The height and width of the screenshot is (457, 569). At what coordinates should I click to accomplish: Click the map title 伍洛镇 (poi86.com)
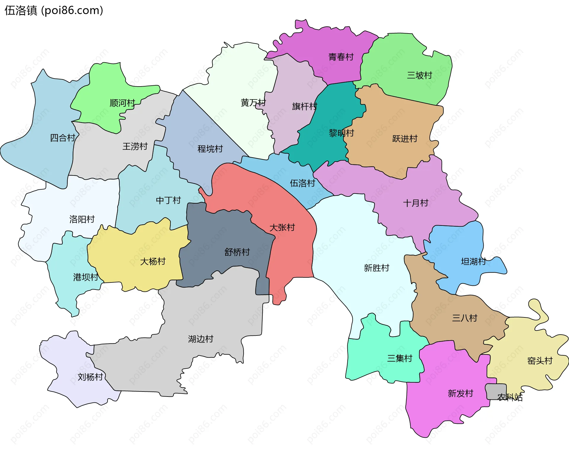pos(54,10)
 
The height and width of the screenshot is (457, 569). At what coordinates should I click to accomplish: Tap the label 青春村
pos(341,57)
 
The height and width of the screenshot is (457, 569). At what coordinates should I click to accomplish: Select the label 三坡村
pos(419,75)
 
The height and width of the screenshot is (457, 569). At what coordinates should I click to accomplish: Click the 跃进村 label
pos(405,138)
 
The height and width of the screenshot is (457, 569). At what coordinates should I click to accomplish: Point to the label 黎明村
pos(341,133)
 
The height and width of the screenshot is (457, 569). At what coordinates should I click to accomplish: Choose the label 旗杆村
pos(304,106)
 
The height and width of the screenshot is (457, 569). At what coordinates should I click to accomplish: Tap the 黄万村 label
pos(253,103)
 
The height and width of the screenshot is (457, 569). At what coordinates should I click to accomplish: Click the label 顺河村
pos(122,103)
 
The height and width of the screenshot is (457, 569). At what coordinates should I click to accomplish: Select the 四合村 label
pos(63,138)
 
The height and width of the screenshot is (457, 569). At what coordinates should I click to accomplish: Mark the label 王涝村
pos(135,146)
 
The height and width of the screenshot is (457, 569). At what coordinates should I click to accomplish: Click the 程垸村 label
pos(210,149)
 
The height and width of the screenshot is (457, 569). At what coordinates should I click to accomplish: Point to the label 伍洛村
pos(302,183)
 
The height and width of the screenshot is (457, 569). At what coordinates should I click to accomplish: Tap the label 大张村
pos(282,227)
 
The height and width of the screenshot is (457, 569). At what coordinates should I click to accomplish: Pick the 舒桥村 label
pos(237,252)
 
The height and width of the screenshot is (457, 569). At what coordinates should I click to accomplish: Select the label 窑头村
pos(540,361)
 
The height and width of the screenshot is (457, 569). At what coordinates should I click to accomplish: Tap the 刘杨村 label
pos(90,377)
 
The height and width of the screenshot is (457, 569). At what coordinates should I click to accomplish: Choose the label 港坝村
pos(86,277)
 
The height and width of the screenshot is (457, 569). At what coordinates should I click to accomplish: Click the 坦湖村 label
pos(474,261)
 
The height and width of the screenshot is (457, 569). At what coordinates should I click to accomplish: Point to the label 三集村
pos(400,358)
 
